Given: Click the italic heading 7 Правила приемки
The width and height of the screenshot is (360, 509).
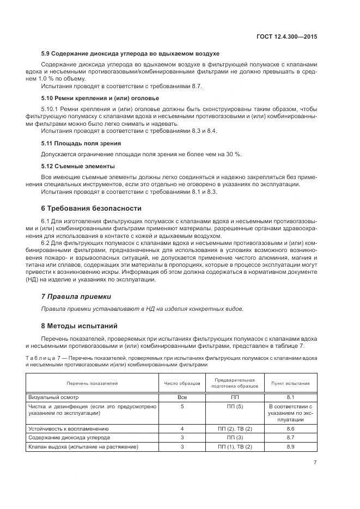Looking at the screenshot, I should point(76,297).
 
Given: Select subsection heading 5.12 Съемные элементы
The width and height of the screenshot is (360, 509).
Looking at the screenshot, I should point(78,166).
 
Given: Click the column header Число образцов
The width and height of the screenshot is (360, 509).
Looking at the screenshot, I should point(182,383).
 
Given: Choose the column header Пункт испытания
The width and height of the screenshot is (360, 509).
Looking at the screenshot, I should point(290,383).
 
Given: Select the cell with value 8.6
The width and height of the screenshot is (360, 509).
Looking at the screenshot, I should point(290,429).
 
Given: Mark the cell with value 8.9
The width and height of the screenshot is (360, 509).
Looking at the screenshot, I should point(290,446).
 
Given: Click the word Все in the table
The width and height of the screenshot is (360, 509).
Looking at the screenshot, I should point(182,397).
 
